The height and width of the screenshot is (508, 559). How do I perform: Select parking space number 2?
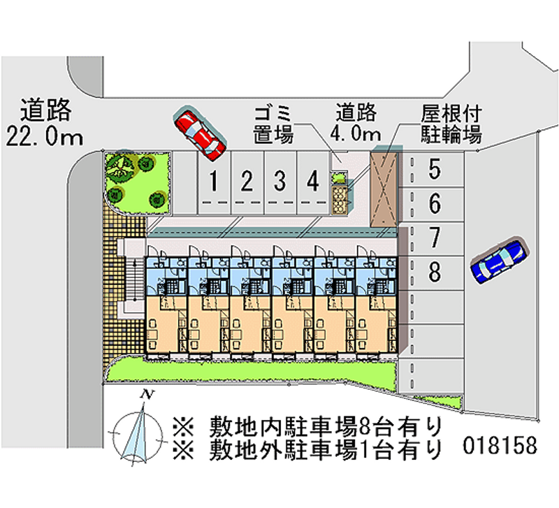(x=247, y=182)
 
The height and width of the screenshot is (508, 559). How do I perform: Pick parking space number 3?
(x=279, y=182)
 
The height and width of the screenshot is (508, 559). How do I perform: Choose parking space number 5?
(x=434, y=168)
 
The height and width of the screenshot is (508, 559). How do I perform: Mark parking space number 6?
(x=434, y=204)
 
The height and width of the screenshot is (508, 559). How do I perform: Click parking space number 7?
(x=434, y=238)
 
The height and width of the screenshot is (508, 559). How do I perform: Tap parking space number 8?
(x=434, y=271)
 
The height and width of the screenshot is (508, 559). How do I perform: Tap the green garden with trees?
(x=136, y=180)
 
